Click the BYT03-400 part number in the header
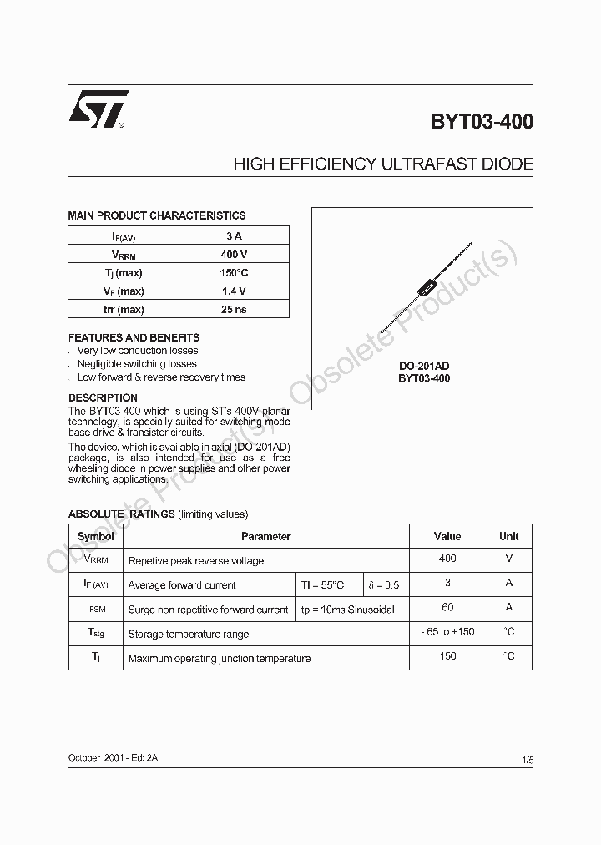click(482, 122)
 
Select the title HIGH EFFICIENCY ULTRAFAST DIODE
click(383, 164)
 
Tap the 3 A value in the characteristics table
click(234, 236)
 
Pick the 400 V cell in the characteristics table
click(234, 255)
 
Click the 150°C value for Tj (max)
click(234, 273)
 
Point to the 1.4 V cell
click(234, 291)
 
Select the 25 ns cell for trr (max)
click(234, 310)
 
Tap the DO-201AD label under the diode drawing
click(423, 366)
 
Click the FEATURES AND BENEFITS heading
click(134, 338)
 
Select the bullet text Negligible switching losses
click(137, 364)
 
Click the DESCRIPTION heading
click(103, 398)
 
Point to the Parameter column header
click(265, 537)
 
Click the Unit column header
click(508, 537)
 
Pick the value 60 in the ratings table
click(447, 608)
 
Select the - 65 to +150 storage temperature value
click(447, 632)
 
